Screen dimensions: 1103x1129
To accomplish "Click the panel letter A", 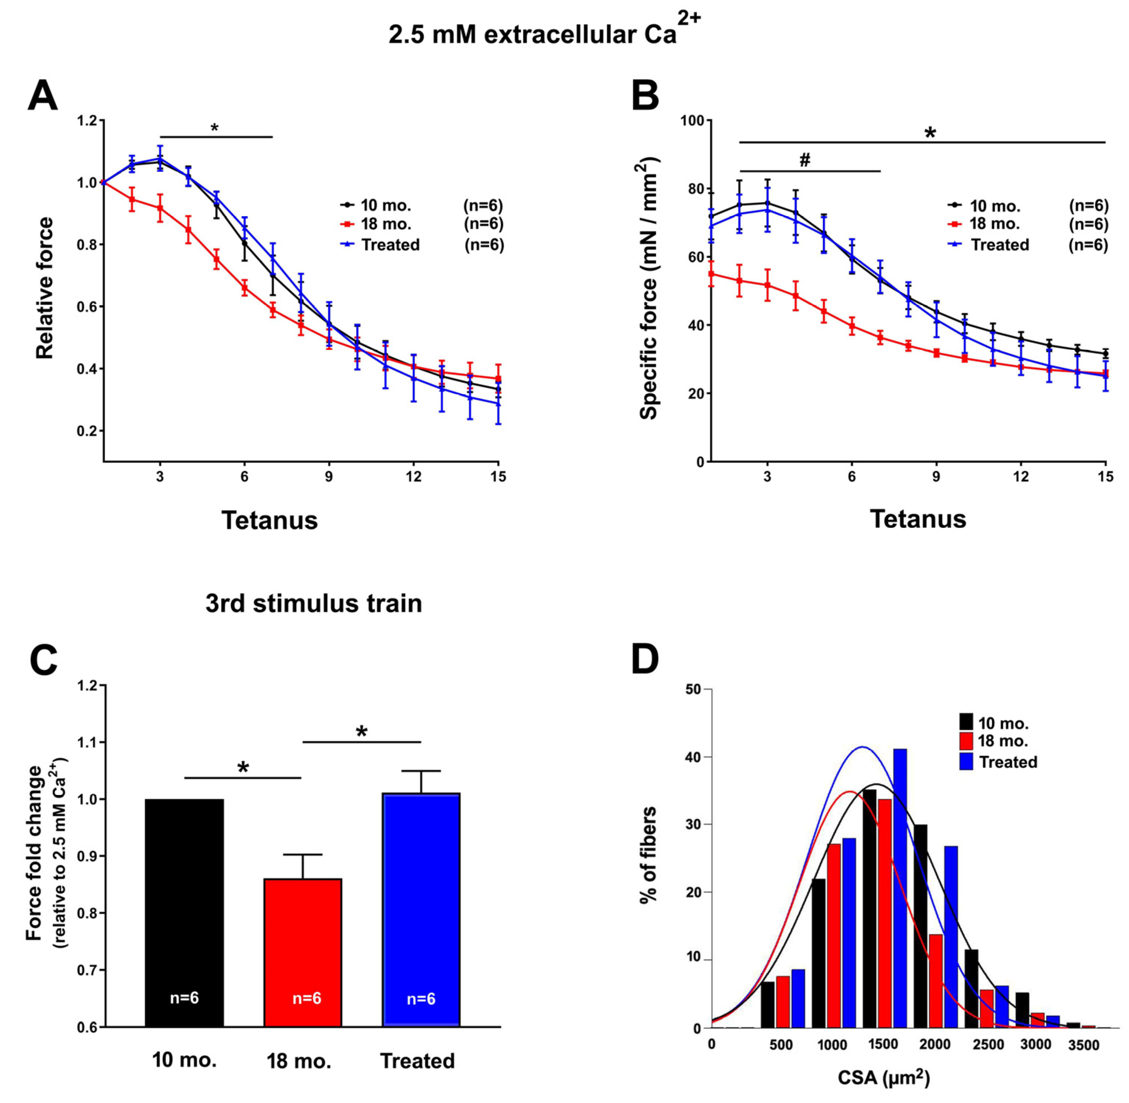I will point(43,96).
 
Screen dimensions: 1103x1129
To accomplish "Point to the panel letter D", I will point(645,660).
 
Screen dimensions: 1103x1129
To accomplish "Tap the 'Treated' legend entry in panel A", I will point(390,245).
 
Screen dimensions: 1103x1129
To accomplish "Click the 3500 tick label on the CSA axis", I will point(1083,1045).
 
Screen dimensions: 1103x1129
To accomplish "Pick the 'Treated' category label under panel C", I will point(417,1061).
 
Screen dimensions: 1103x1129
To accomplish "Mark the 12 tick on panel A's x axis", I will point(413,476).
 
